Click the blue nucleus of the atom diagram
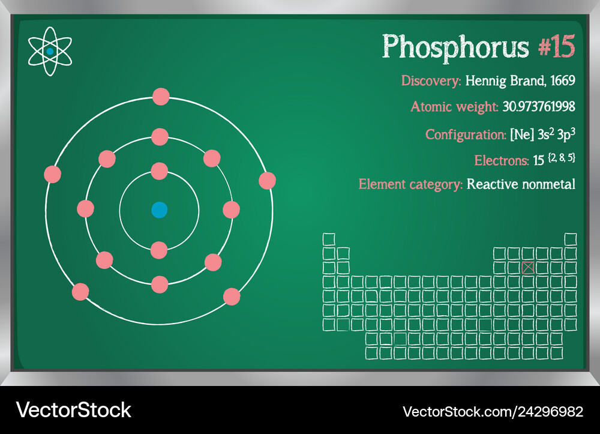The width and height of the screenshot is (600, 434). (160, 210)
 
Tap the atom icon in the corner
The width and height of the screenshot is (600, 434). (50, 51)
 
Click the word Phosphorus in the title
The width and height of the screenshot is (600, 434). (455, 47)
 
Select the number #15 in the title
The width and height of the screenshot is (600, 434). (556, 46)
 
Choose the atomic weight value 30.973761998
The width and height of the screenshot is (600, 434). (539, 106)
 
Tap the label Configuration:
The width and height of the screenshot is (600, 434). (466, 134)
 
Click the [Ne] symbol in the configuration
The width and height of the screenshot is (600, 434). (522, 134)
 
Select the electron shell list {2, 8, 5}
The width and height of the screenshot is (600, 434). (562, 158)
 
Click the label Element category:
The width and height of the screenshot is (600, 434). (410, 184)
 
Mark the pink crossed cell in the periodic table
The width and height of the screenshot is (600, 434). (528, 268)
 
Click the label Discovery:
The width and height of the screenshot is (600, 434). (431, 81)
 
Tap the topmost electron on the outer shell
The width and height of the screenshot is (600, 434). (161, 97)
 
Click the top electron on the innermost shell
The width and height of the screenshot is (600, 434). (160, 171)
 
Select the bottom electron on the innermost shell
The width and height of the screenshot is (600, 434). (159, 250)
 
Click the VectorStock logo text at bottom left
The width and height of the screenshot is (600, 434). (73, 410)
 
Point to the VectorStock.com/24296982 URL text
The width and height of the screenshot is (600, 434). (493, 412)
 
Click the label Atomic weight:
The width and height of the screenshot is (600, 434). (454, 107)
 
